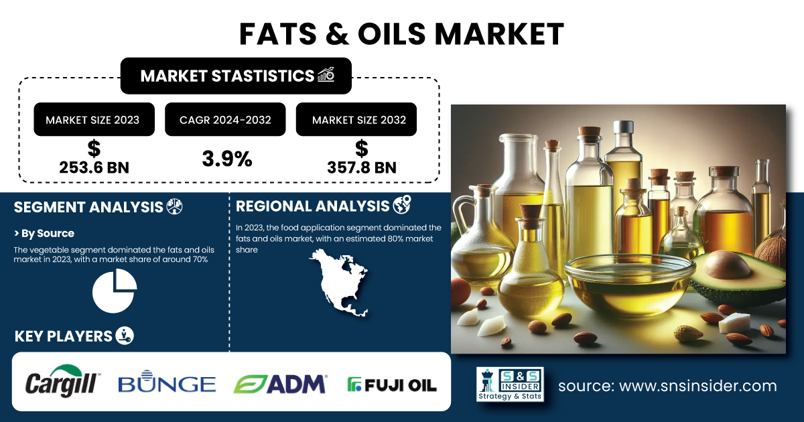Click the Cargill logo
pyautogui.click(x=62, y=381)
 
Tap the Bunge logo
pyautogui.click(x=167, y=381)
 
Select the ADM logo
pyautogui.click(x=280, y=384)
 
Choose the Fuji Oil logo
pyautogui.click(x=392, y=384)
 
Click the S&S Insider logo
pyautogui.click(x=510, y=384)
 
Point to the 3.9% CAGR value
pyautogui.click(x=227, y=159)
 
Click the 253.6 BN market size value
pyautogui.click(x=94, y=167)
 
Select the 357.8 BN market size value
pyautogui.click(x=362, y=167)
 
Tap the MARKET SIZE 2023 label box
pyautogui.click(x=94, y=119)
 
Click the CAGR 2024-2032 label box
pyautogui.click(x=225, y=119)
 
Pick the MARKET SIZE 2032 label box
pyautogui.click(x=356, y=119)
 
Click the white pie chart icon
pyautogui.click(x=115, y=291)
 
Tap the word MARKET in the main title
pyautogui.click(x=499, y=33)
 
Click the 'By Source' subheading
pyautogui.click(x=44, y=233)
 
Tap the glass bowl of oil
pyautogui.click(x=630, y=285)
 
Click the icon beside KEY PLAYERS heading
pyautogui.click(x=125, y=336)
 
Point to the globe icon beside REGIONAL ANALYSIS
pyautogui.click(x=402, y=205)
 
